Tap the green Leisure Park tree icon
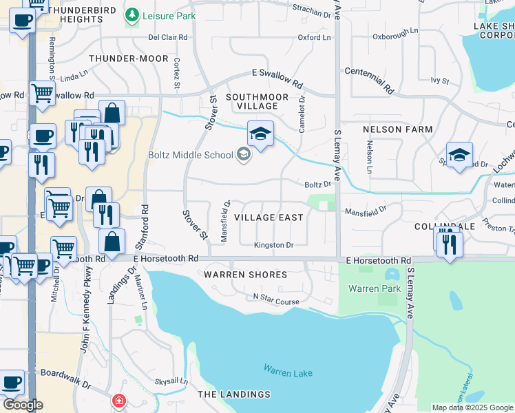pyautogui.click(x=132, y=14)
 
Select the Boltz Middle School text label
pyautogui.click(x=191, y=155)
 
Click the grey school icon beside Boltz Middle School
pyautogui.click(x=242, y=155)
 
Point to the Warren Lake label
pyautogui.click(x=288, y=372)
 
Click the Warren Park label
pyautogui.click(x=374, y=288)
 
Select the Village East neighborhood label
pyautogui.click(x=269, y=218)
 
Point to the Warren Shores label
pyautogui.click(x=245, y=275)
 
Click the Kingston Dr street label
pyautogui.click(x=273, y=245)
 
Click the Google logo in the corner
pyautogui.click(x=23, y=405)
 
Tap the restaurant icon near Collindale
pyautogui.click(x=450, y=245)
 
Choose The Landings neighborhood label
pyautogui.click(x=234, y=394)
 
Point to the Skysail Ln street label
pyautogui.click(x=170, y=381)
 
